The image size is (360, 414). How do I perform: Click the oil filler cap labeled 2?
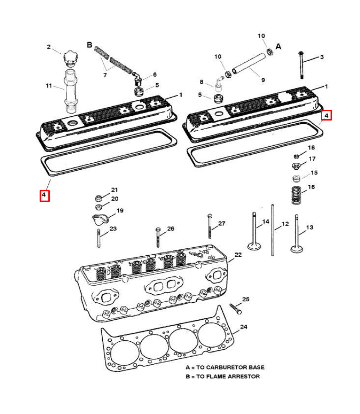[71, 58]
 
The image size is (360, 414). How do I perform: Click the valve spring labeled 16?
[297, 195]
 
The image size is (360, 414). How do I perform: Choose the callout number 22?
[238, 254]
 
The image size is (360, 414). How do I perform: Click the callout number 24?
[244, 327]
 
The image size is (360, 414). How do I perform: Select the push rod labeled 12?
[273, 230]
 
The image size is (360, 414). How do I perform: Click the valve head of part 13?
[297, 250]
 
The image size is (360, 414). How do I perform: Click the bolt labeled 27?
[210, 228]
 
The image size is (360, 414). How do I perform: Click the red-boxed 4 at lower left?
[44, 195]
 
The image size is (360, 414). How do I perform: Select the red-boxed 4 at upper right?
[326, 115]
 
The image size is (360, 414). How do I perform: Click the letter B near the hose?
[90, 45]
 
